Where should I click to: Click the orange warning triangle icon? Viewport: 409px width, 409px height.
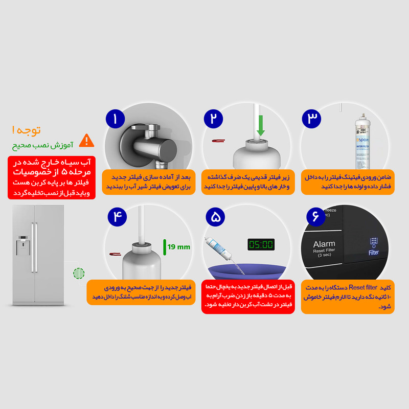[x=87, y=140]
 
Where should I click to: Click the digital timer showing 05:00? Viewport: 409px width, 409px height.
[x=261, y=244]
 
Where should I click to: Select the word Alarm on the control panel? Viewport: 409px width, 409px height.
[x=324, y=244]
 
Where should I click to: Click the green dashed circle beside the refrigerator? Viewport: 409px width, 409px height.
[x=78, y=274]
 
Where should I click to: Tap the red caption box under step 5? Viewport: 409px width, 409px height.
[x=248, y=296]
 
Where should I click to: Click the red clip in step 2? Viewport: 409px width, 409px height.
[x=219, y=140]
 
